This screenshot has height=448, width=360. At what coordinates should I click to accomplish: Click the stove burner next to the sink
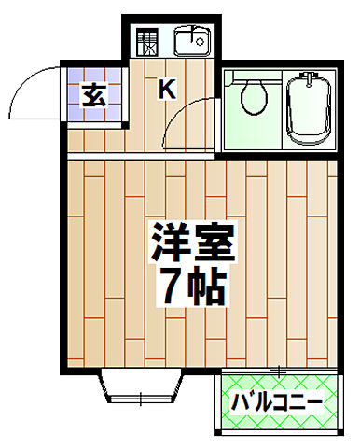(x=147, y=43)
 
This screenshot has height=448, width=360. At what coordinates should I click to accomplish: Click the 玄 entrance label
(x=92, y=95)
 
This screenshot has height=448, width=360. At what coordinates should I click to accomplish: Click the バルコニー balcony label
(x=277, y=403)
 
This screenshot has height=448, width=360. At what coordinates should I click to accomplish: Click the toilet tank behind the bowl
(x=250, y=77)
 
